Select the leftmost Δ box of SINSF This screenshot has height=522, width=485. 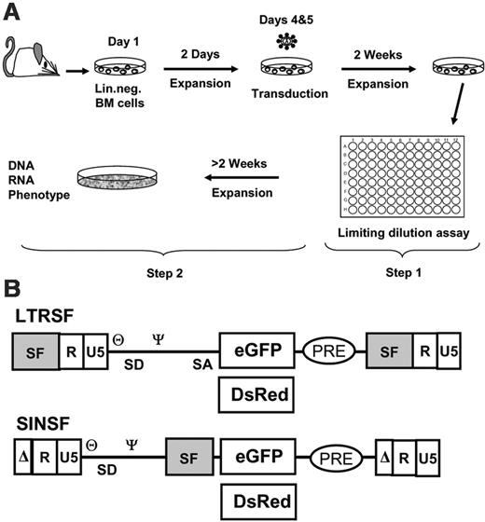tap(21, 459)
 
